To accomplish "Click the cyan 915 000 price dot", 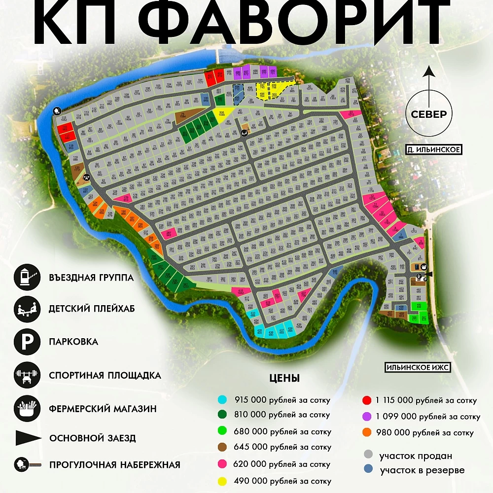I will coord(223,399).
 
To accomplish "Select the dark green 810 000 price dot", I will coord(223,415).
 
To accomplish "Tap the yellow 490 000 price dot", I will coord(223,481).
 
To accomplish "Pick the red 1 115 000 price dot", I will coord(366,400).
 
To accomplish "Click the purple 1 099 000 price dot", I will coord(366,416).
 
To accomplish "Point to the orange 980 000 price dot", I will coord(366,432).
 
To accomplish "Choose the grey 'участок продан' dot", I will coord(368,455).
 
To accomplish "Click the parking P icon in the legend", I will coord(27,342).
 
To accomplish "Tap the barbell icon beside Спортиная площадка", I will coord(27,374).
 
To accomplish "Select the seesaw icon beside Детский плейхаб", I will coord(27,309).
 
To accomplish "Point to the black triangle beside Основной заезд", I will coord(28,438).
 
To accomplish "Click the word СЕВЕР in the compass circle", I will coord(429,114).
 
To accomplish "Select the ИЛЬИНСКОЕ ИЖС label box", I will coord(418,367).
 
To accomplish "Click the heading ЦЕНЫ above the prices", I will coord(284,379).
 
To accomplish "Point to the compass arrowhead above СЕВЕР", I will coord(429,71).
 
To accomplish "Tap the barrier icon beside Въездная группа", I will coord(27,277).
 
